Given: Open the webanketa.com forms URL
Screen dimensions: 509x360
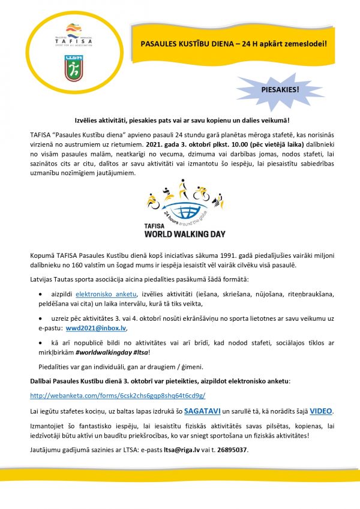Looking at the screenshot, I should click(118, 395).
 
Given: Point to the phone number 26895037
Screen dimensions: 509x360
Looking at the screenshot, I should click(232, 450).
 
